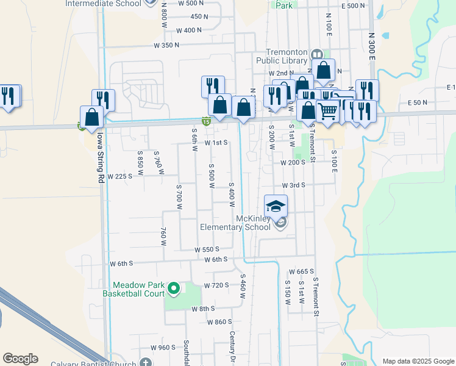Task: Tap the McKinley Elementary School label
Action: (x=235, y=223)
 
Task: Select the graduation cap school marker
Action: (x=276, y=206)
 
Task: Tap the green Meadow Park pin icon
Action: (x=174, y=288)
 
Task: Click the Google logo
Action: (x=20, y=358)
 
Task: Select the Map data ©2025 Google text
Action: (x=418, y=361)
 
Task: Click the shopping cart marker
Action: (x=328, y=112)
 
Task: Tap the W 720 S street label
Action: (x=216, y=285)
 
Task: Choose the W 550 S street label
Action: (x=207, y=249)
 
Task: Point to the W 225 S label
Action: (x=119, y=176)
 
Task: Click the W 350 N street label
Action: (x=166, y=45)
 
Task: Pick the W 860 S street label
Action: (x=219, y=321)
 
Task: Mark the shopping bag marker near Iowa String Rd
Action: (x=91, y=117)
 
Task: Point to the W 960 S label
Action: (x=163, y=347)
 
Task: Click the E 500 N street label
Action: (x=353, y=5)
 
